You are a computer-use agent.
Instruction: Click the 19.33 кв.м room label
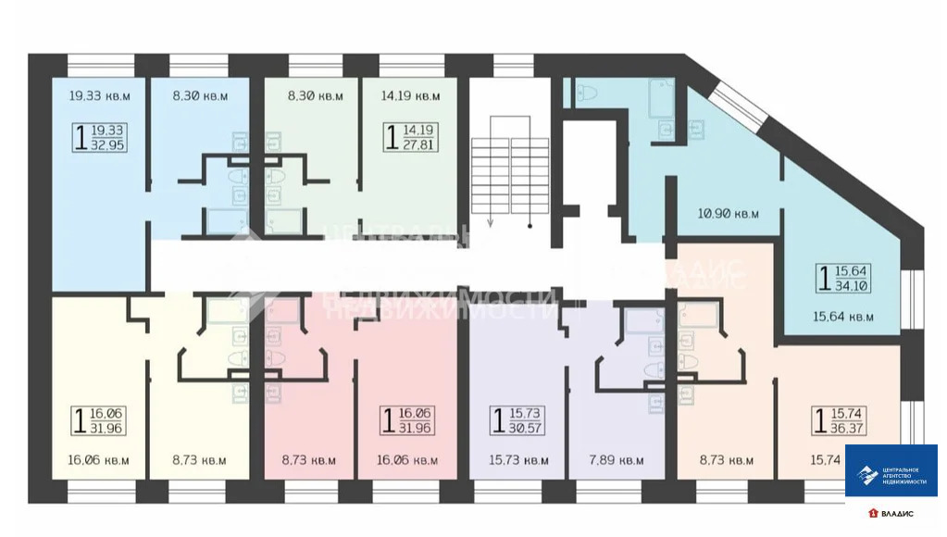[x=100, y=95]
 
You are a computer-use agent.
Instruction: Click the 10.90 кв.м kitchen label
[x=727, y=213]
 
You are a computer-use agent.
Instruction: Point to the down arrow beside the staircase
[x=492, y=219]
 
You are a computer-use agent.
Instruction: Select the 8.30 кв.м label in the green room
[x=314, y=95]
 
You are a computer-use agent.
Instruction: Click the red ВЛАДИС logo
[x=893, y=513]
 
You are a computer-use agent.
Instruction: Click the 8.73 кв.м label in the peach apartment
[x=727, y=460]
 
